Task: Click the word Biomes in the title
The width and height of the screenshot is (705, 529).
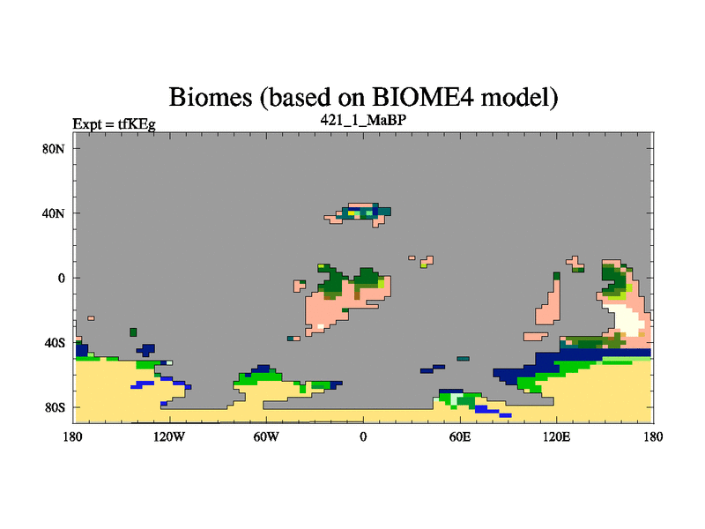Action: [x=211, y=97]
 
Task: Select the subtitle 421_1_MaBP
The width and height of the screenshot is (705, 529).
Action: [x=363, y=120]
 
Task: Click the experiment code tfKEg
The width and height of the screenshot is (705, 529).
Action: [x=137, y=123]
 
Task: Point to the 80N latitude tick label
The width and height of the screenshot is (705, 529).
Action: [x=54, y=149]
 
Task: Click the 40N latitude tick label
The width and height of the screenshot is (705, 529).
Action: [x=54, y=213]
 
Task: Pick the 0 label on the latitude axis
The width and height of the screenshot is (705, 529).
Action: [x=61, y=279]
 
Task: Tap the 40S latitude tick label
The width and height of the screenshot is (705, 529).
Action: [x=55, y=343]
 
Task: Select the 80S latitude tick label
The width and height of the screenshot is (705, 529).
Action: [x=55, y=408]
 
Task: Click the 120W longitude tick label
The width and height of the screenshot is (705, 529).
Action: [x=169, y=436]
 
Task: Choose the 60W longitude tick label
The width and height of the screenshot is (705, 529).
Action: [x=266, y=436]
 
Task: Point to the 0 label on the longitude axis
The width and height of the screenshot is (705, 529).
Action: [x=363, y=436]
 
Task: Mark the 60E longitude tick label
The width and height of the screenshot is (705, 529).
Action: [x=460, y=436]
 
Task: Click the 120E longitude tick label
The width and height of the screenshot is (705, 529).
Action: [x=557, y=436]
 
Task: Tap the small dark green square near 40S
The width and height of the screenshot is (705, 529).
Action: [x=133, y=332]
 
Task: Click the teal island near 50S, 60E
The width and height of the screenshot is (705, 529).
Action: [x=464, y=359]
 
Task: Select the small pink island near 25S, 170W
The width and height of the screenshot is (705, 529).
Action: [x=92, y=318]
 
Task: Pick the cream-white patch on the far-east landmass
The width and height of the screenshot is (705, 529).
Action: [x=627, y=318]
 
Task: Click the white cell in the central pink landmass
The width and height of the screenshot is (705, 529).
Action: [x=321, y=326]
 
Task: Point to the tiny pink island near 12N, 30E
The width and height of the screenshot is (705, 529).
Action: [x=412, y=257]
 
